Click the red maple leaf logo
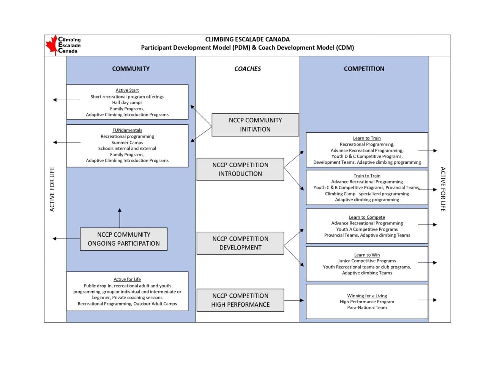pos(52,45)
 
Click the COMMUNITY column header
pos(131,69)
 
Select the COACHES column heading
pos(248,69)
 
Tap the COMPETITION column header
pos(364,69)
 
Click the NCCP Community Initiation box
pos(255,125)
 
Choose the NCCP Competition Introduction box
pos(240,169)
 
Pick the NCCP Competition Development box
pos(240,243)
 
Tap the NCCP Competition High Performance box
pos(240,300)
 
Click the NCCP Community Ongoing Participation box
pos(124,239)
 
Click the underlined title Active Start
pos(127,90)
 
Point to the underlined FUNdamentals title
pos(127,130)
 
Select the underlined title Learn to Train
pos(367,138)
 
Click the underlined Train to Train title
pos(367,176)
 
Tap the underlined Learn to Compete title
pos(367,217)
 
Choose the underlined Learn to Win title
pos(367,255)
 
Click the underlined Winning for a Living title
pos(367,296)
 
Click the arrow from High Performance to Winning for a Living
pos(294,300)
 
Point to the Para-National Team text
pos(367,308)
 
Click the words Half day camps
pos(127,102)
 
